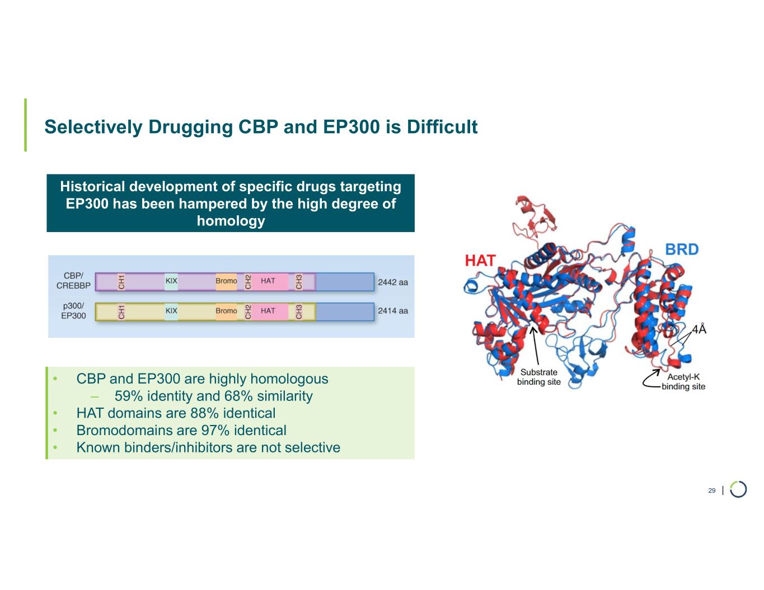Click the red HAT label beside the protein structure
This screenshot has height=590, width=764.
click(x=480, y=261)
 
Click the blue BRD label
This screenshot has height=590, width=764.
click(x=682, y=249)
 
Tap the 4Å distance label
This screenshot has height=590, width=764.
click(x=699, y=329)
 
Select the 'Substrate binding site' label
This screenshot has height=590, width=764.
click(x=538, y=377)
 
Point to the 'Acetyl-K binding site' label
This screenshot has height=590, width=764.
click(x=683, y=382)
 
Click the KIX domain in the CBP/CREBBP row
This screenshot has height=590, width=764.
click(x=171, y=281)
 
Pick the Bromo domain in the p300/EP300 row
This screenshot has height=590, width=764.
click(x=226, y=311)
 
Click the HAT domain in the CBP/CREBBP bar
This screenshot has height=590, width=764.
click(x=268, y=281)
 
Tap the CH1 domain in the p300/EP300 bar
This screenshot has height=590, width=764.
click(x=121, y=311)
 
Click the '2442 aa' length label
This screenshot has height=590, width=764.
click(x=393, y=282)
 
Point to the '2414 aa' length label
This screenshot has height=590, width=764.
click(x=393, y=311)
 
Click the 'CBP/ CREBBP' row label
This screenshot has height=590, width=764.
click(x=73, y=281)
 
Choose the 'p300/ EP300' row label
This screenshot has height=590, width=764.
click(x=73, y=311)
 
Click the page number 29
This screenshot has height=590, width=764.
click(x=712, y=490)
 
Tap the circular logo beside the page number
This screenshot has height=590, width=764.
click(x=738, y=489)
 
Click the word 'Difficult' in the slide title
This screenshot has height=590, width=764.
click(x=442, y=127)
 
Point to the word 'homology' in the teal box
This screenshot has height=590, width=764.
click(x=231, y=221)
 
